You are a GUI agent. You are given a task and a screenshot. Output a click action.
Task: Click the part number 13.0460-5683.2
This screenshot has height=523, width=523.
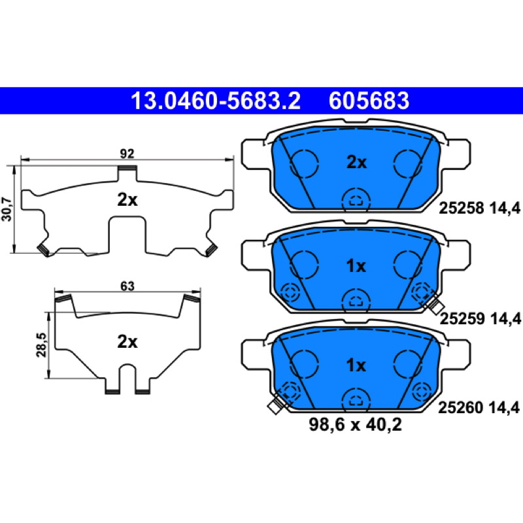click(216, 101)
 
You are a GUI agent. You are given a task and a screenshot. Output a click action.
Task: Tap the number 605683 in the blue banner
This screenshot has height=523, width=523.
click(369, 101)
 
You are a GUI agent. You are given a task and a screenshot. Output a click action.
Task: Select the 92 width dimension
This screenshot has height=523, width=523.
click(127, 154)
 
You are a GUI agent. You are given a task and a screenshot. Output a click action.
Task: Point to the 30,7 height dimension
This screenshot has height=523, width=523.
click(7, 209)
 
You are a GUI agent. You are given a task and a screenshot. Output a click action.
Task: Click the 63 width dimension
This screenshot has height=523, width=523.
click(127, 286)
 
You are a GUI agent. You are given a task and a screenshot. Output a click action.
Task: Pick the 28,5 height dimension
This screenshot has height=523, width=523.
click(42, 345)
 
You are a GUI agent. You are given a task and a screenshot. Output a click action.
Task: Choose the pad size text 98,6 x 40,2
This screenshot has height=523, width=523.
click(355, 424)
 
